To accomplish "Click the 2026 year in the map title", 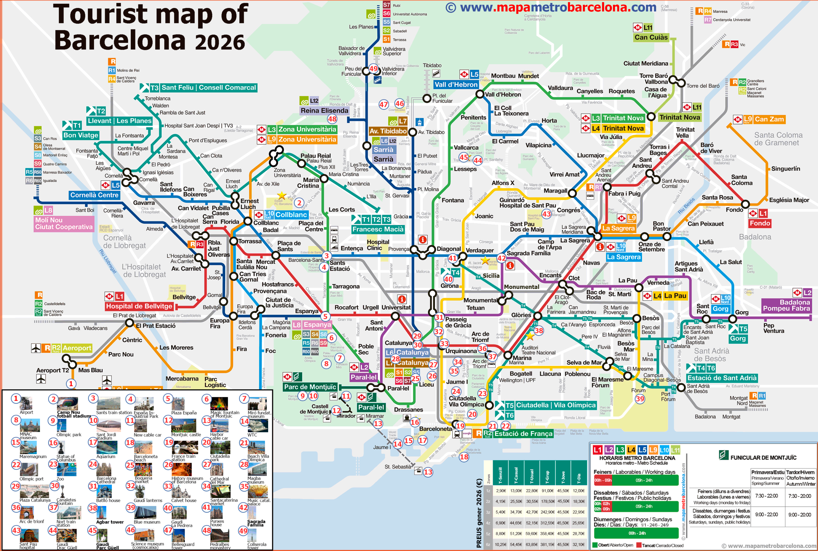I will coord(220,42).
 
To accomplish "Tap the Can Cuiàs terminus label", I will coord(651,37).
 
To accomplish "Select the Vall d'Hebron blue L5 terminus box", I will coord(456,85).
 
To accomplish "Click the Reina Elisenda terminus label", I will coord(324,111).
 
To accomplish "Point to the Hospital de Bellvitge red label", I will coord(139,307).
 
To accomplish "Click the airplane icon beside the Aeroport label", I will coord(36,348).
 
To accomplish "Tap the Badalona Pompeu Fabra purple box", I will coord(786,305).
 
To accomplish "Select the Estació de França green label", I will coord(523,434).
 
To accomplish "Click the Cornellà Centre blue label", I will coord(94,195).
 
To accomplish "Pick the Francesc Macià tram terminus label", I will coord(378,229).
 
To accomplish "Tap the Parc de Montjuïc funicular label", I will coord(310,387).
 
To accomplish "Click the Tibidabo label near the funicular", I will coord(432,66).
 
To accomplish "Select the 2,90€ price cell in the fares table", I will coord(500,491).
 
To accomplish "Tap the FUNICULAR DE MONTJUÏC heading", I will coord(763,458).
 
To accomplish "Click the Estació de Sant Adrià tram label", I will coord(722,378).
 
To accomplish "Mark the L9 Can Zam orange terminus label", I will coord(769,119).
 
